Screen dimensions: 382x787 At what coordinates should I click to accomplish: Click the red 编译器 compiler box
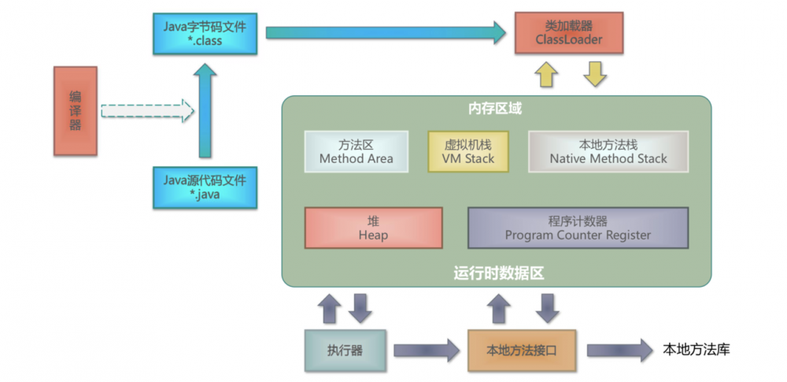(x=75, y=110)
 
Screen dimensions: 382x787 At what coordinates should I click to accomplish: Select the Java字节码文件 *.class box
(x=205, y=33)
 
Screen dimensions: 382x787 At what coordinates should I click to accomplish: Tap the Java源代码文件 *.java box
(x=205, y=187)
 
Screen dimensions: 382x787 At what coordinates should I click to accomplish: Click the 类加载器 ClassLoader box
(x=569, y=33)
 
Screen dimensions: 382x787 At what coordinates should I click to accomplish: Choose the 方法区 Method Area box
(x=357, y=151)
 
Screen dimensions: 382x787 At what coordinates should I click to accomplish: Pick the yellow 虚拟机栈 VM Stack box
(x=468, y=151)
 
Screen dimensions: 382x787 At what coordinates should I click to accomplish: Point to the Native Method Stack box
(x=608, y=151)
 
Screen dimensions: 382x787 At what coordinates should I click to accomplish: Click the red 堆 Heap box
(x=373, y=228)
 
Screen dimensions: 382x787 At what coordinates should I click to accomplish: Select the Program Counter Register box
(x=578, y=228)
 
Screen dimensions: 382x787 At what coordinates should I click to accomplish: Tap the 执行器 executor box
(x=345, y=350)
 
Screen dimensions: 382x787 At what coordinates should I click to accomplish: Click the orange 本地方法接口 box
(x=523, y=350)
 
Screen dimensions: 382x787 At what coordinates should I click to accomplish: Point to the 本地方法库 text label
(x=696, y=349)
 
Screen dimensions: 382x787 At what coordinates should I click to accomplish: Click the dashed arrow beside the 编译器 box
(x=147, y=110)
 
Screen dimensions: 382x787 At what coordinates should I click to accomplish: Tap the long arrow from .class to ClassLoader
(x=386, y=32)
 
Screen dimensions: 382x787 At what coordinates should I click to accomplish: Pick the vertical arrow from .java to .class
(x=205, y=110)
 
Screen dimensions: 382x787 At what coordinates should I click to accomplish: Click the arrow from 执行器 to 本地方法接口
(x=426, y=350)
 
